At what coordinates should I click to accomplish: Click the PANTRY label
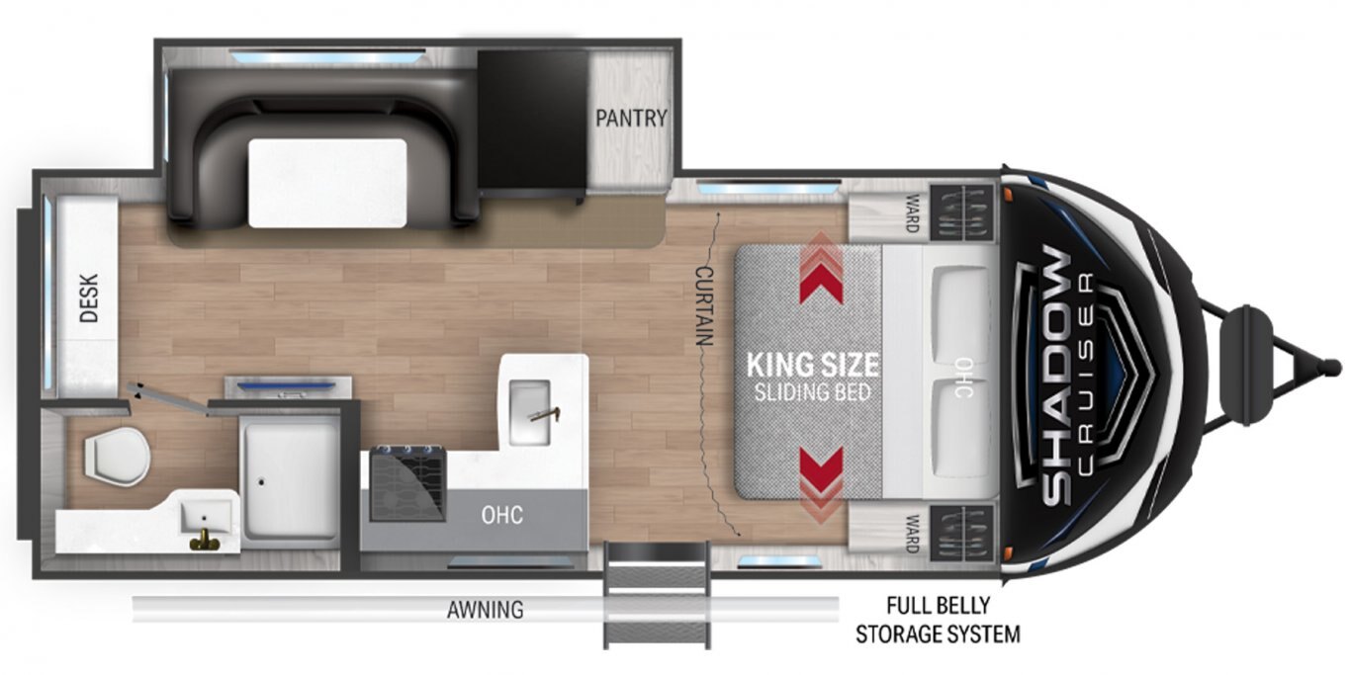pyautogui.click(x=631, y=119)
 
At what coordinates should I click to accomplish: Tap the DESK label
pyautogui.click(x=89, y=298)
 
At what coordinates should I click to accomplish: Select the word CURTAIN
pyautogui.click(x=704, y=306)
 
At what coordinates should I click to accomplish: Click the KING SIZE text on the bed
pyautogui.click(x=812, y=365)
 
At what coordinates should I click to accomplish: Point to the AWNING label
pyautogui.click(x=485, y=610)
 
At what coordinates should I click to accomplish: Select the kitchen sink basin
pyautogui.click(x=529, y=412)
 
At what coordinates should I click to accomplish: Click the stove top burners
pyautogui.click(x=408, y=483)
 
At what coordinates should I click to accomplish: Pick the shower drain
pyautogui.click(x=261, y=481)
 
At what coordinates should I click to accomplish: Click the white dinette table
pyautogui.click(x=327, y=183)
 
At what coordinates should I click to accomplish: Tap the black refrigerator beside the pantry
pyautogui.click(x=532, y=124)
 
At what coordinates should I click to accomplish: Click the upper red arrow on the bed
pyautogui.click(x=821, y=270)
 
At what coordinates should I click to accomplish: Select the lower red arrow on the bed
pyautogui.click(x=821, y=484)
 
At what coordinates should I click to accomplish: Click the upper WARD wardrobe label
pyautogui.click(x=911, y=212)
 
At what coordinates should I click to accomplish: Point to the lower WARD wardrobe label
pyautogui.click(x=911, y=534)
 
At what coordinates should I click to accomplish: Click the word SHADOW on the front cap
pyautogui.click(x=1055, y=377)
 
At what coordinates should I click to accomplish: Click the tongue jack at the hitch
pyautogui.click(x=1247, y=366)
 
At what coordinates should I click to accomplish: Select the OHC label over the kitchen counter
pyautogui.click(x=501, y=515)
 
